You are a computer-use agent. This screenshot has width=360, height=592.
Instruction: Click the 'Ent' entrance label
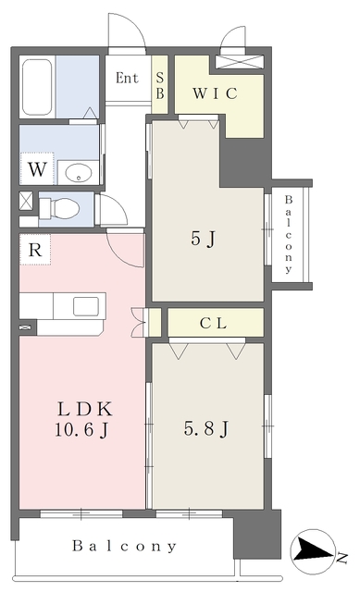(x=127, y=78)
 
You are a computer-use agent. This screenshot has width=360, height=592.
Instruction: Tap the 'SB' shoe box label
(x=159, y=86)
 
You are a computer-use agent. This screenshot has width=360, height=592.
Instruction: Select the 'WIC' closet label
(x=217, y=93)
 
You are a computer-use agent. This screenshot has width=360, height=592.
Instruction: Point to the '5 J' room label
(x=203, y=239)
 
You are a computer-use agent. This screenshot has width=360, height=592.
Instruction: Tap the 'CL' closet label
(x=214, y=322)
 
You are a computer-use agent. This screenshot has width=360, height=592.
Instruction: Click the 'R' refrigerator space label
(x=34, y=250)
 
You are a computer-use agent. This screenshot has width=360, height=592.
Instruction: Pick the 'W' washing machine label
(x=36, y=170)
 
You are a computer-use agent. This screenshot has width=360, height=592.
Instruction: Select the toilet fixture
(x=66, y=207)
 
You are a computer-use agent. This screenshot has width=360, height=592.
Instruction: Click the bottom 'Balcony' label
(x=124, y=546)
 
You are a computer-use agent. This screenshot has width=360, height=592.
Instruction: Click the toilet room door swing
(x=111, y=211)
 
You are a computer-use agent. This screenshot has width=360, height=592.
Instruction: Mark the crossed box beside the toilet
(x=25, y=200)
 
